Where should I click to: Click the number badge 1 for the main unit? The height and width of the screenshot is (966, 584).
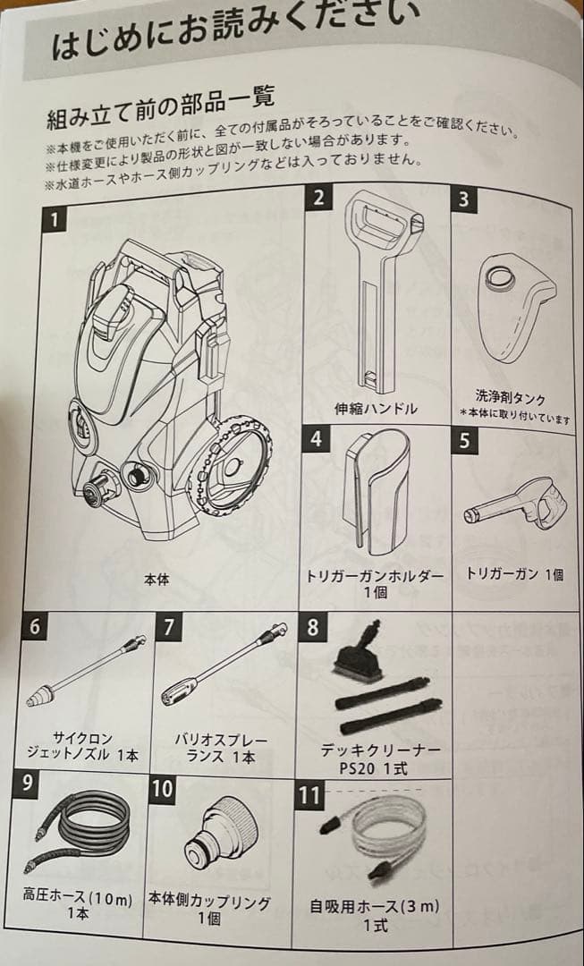(57, 218)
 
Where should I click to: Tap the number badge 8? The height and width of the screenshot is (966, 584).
(312, 626)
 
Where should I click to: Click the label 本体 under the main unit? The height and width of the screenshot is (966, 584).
(157, 580)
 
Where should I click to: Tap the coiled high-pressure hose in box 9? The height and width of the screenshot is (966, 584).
(80, 827)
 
